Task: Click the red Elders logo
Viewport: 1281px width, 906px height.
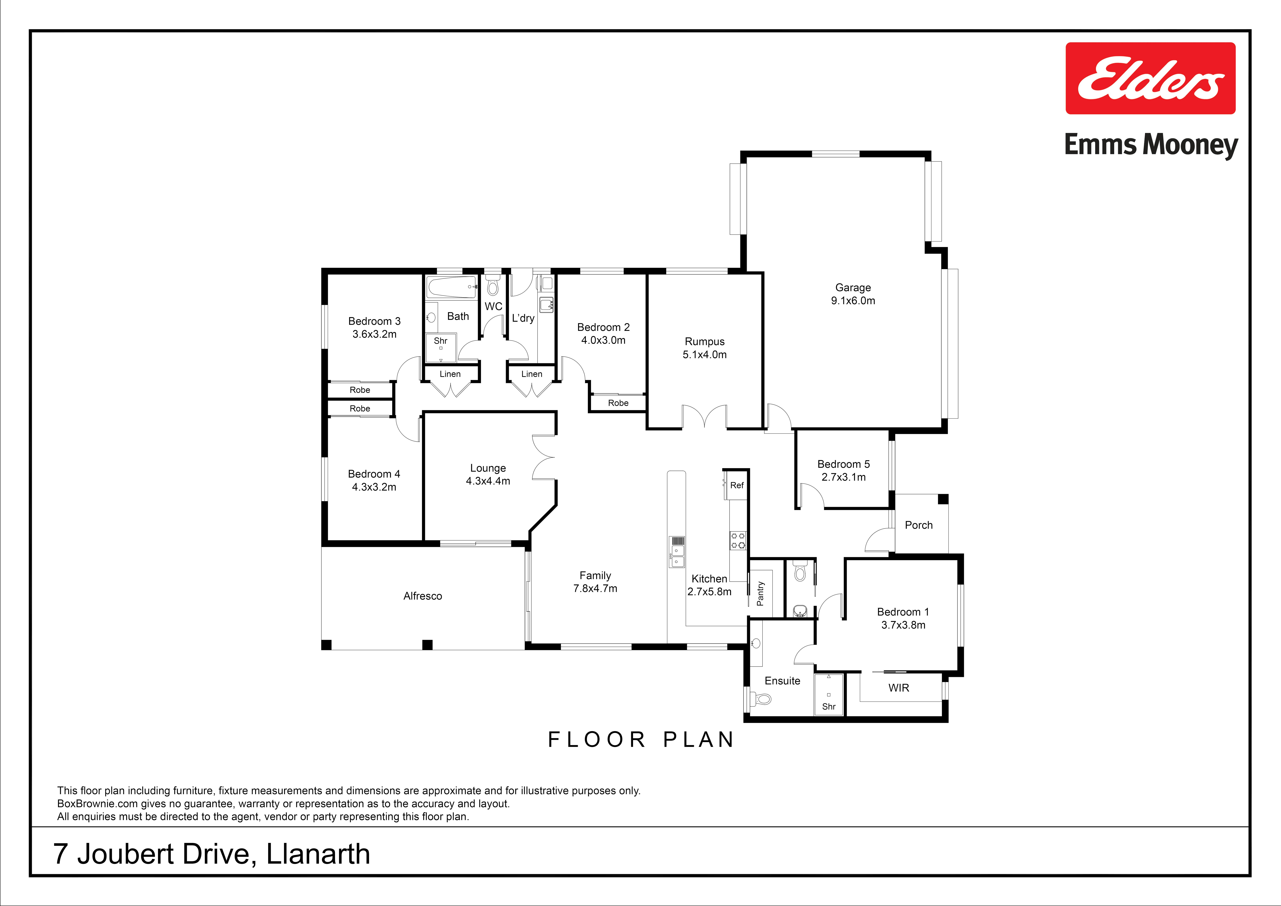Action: point(1150,78)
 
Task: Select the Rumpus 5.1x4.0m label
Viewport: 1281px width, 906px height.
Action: point(705,348)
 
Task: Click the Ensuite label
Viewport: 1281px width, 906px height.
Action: point(782,680)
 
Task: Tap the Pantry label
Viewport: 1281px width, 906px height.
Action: point(760,593)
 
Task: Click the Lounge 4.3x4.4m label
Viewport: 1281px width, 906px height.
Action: point(488,474)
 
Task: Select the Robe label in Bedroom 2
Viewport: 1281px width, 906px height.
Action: point(618,402)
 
